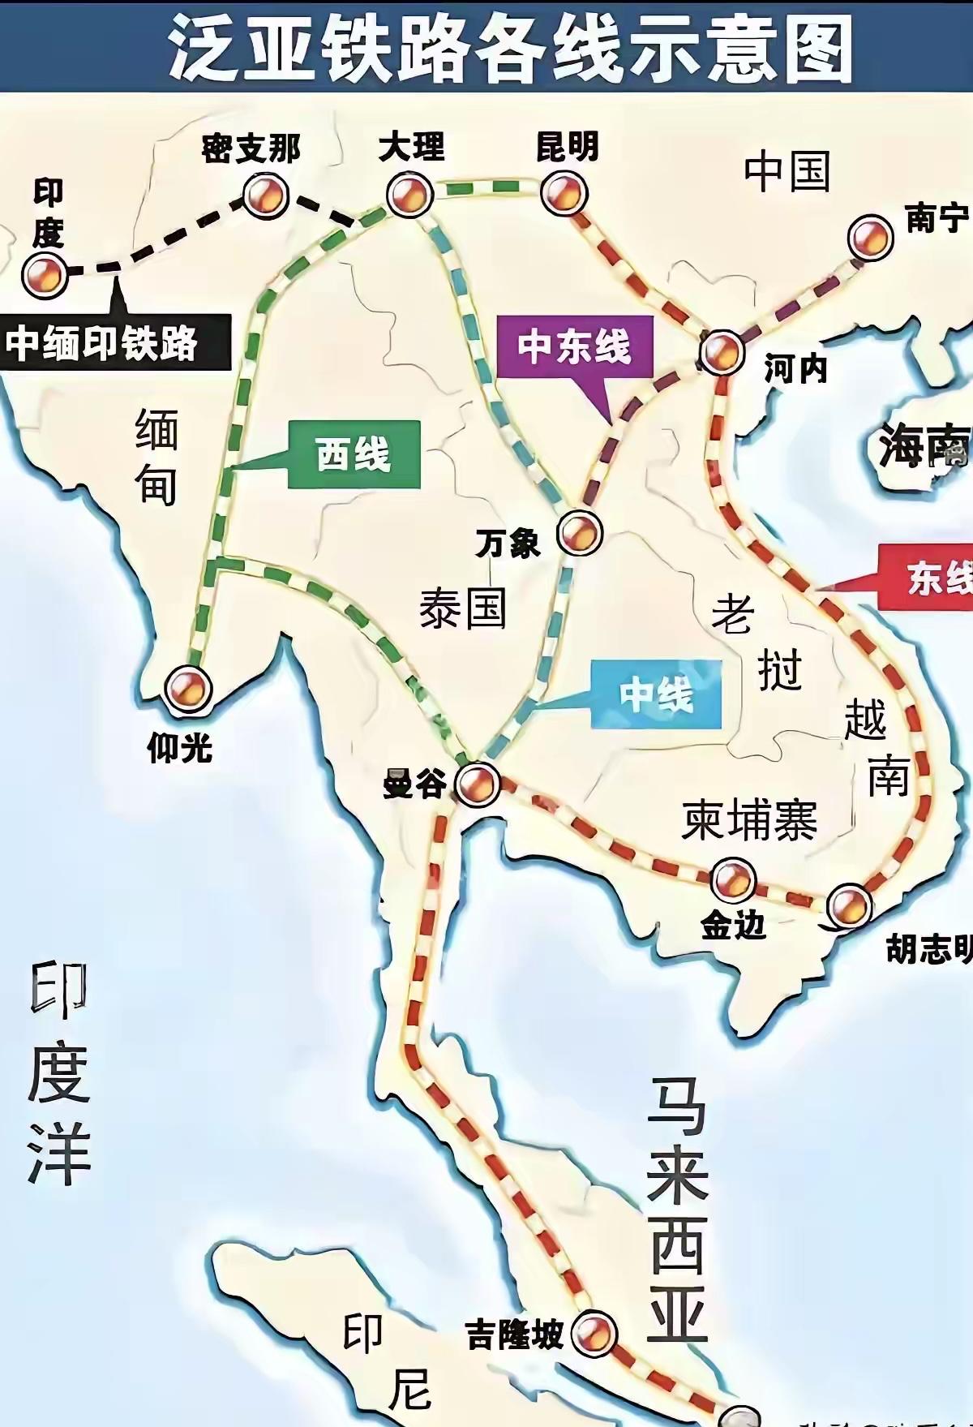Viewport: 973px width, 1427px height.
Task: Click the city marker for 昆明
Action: coord(564,193)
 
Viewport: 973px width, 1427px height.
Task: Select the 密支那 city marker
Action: coord(265,196)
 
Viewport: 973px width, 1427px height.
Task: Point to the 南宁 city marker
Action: coord(870,238)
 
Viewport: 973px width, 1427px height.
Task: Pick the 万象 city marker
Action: coord(580,533)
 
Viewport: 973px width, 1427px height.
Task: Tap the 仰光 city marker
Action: coord(188,688)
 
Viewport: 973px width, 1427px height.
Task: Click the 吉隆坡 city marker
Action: coord(594,1333)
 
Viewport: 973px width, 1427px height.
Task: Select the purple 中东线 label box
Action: coord(574,347)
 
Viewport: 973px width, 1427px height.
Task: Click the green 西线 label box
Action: coord(354,454)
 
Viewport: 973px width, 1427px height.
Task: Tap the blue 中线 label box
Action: coord(656,694)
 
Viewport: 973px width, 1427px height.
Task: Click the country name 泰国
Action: coord(462,608)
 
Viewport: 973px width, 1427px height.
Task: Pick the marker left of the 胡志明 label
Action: coord(849,905)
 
